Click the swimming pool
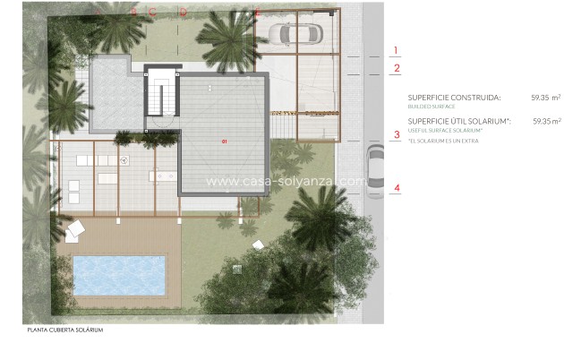point(118,276)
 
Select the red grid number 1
point(397,51)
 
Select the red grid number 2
point(397,67)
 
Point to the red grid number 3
point(397,135)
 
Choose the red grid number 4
point(397,188)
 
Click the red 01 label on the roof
point(226,141)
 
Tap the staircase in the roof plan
point(162,92)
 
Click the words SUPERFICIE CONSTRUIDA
point(454,98)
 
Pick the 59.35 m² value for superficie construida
point(545,98)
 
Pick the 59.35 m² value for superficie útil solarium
point(546,121)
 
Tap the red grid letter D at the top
point(183,12)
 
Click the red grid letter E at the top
point(256,12)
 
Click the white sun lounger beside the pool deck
point(75,230)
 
